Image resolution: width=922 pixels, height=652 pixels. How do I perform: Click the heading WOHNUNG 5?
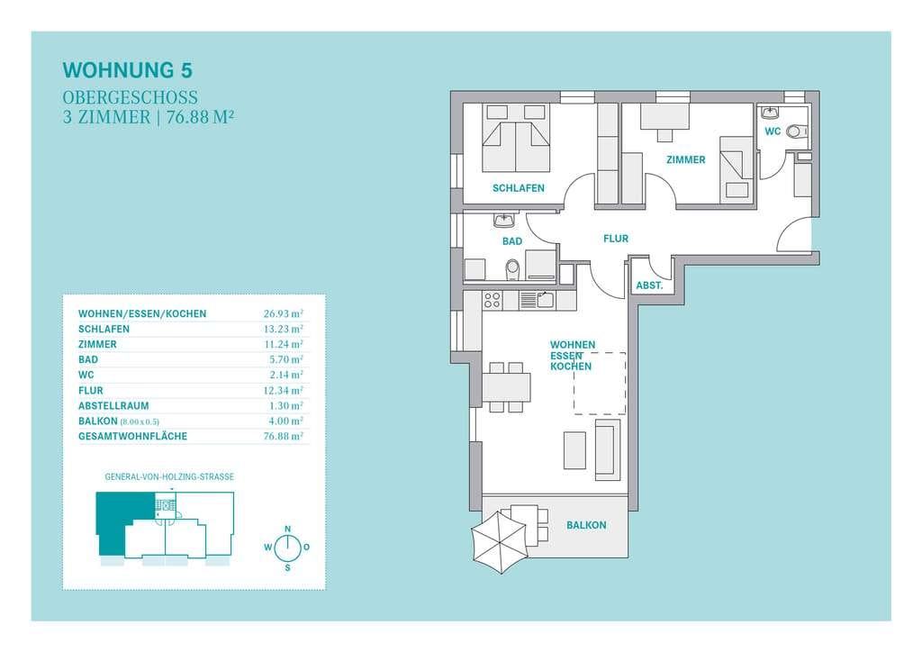pyautogui.click(x=128, y=70)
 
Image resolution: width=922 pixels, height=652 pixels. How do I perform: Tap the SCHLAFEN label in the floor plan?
pyautogui.click(x=518, y=188)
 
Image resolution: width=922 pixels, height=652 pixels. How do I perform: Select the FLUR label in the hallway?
pyautogui.click(x=616, y=238)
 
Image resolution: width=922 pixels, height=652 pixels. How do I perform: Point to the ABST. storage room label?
pyautogui.click(x=649, y=285)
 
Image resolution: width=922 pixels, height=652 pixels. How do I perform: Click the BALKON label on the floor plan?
pyautogui.click(x=586, y=525)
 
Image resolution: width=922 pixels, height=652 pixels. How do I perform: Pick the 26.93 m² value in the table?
pyautogui.click(x=284, y=313)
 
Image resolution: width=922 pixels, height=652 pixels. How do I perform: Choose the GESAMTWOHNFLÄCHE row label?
pyautogui.click(x=133, y=436)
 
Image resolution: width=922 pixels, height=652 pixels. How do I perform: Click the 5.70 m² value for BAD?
pyautogui.click(x=285, y=359)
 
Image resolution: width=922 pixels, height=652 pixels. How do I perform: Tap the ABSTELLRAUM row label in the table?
pyautogui.click(x=113, y=405)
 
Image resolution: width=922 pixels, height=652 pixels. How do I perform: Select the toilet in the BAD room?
pyautogui.click(x=512, y=269)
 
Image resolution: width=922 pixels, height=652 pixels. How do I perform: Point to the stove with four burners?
pyautogui.click(x=492, y=300)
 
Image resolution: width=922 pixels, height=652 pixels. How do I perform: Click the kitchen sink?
pyautogui.click(x=544, y=300)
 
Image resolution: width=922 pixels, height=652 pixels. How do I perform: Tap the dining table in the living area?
pyautogui.click(x=506, y=386)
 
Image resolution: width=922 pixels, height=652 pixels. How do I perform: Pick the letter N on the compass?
pyautogui.click(x=287, y=530)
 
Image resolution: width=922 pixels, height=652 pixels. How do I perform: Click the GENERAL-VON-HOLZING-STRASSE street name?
pyautogui.click(x=169, y=476)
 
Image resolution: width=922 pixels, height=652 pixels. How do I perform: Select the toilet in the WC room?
pyautogui.click(x=795, y=131)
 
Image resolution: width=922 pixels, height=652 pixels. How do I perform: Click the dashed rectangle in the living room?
pyautogui.click(x=600, y=384)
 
